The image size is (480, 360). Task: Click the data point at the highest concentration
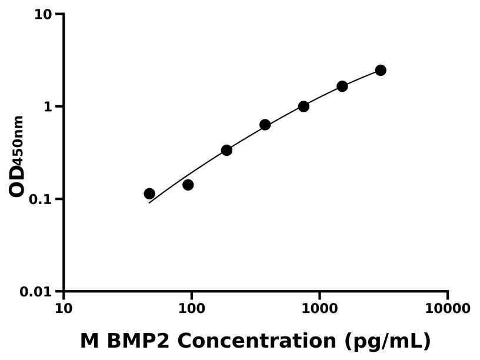[381, 71]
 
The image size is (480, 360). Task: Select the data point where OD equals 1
[304, 106]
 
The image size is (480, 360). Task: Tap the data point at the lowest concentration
[149, 194]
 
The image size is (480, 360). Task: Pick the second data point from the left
[188, 185]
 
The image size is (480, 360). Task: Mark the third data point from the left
[226, 150]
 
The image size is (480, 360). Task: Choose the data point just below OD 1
[265, 125]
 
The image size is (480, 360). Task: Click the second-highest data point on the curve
[342, 86]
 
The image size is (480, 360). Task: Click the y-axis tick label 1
[49, 106]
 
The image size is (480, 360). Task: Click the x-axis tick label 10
[64, 309]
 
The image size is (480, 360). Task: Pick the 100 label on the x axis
[192, 309]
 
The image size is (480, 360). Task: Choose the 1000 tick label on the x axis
[319, 309]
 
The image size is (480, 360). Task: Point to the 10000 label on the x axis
[448, 309]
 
